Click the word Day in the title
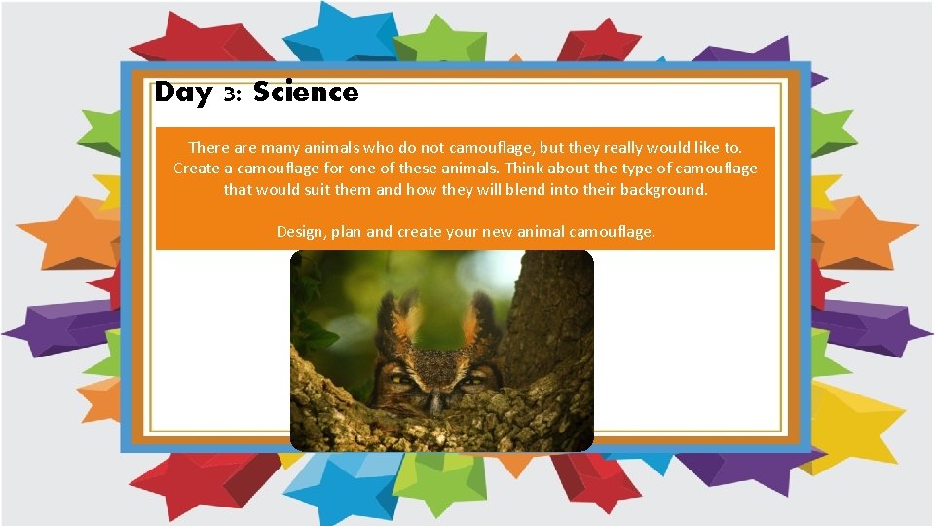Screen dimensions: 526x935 pyautogui.click(x=183, y=93)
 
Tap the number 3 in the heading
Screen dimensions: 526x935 pyautogui.click(x=231, y=94)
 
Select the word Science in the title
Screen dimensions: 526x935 pyautogui.click(x=306, y=93)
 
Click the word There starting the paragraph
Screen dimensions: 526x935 pyautogui.click(x=209, y=147)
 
